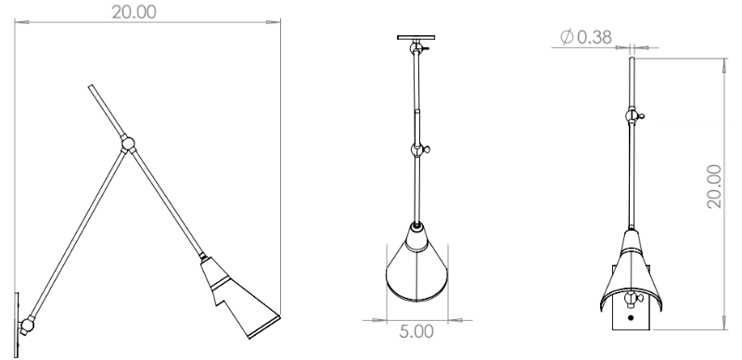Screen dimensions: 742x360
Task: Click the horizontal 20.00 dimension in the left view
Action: click(134, 12)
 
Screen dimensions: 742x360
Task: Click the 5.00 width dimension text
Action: click(416, 331)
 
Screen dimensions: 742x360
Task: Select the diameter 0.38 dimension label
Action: click(586, 37)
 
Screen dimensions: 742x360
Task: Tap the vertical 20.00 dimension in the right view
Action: click(714, 186)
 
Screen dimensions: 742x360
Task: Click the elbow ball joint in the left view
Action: click(127, 143)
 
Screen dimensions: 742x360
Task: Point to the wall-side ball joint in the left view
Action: click(27, 325)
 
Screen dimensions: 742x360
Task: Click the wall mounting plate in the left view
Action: click(17, 325)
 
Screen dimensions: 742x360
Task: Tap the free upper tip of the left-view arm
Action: click(90, 86)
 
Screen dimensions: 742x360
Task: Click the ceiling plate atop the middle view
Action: click(416, 37)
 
